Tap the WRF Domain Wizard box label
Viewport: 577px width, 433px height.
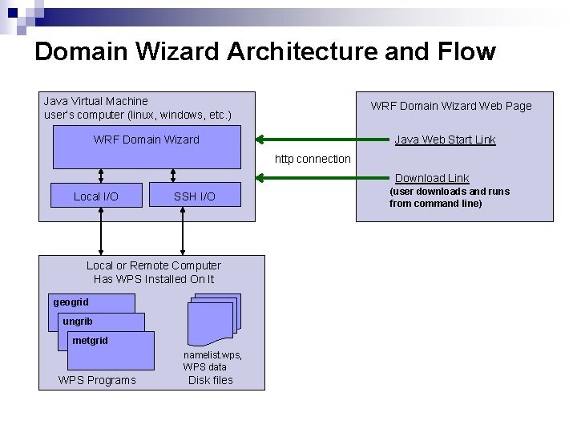tap(146, 140)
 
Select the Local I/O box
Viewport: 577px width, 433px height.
tap(96, 196)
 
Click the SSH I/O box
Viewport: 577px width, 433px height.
tap(195, 196)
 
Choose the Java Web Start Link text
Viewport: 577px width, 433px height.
tap(445, 140)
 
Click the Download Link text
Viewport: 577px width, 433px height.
tap(432, 178)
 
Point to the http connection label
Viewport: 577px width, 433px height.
tap(313, 159)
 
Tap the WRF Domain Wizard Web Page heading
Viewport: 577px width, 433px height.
tap(450, 106)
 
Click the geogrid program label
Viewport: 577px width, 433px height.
tap(71, 302)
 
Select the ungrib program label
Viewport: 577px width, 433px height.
tap(78, 322)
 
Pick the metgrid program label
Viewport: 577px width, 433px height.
tap(90, 341)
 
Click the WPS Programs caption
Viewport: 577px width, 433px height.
tap(97, 380)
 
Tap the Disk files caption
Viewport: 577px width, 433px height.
tap(210, 380)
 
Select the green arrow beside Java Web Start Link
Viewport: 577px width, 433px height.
tap(321, 139)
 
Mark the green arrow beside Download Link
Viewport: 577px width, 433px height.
tap(321, 177)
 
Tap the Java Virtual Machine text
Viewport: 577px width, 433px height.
tap(95, 101)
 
